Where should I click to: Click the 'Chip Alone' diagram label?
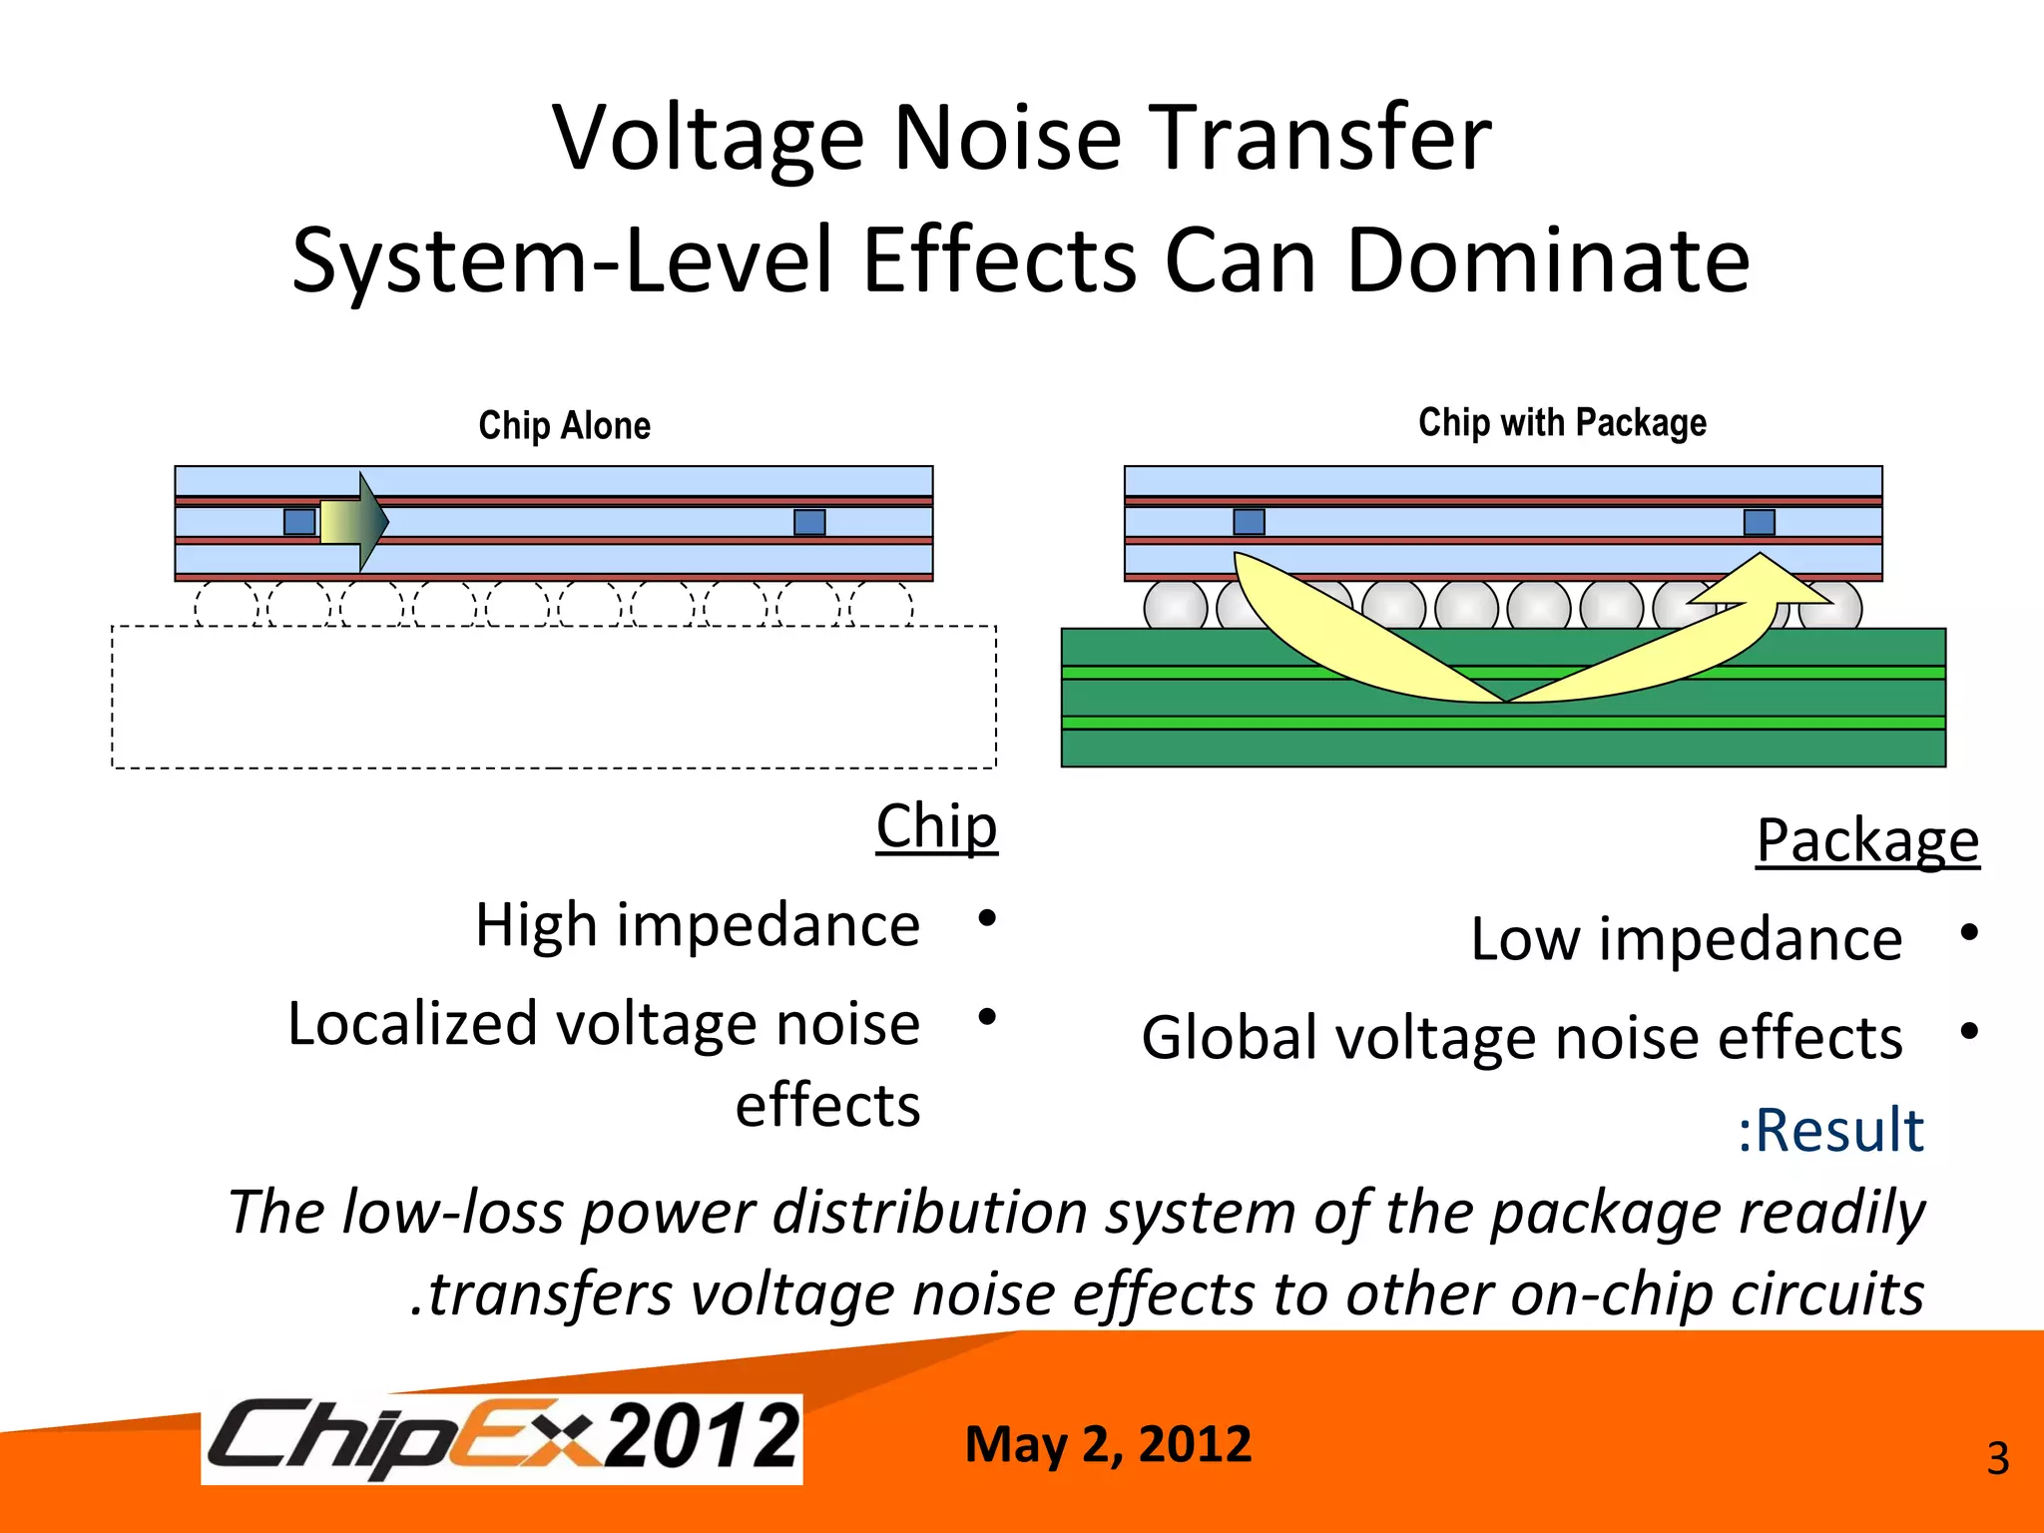tap(564, 425)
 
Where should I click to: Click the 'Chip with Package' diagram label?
tap(1562, 422)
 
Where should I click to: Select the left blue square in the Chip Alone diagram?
tap(299, 522)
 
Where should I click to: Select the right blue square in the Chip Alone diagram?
tap(809, 522)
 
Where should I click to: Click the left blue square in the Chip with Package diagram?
tap(1249, 522)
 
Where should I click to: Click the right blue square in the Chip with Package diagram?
tap(1759, 522)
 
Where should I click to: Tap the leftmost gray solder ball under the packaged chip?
tap(1175, 606)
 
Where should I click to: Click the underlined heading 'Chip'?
tap(936, 826)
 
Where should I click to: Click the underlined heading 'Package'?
tap(1867, 840)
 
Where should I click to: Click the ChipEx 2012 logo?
tap(502, 1437)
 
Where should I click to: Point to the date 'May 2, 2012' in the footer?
tap(1108, 1444)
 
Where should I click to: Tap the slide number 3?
tap(1997, 1459)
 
